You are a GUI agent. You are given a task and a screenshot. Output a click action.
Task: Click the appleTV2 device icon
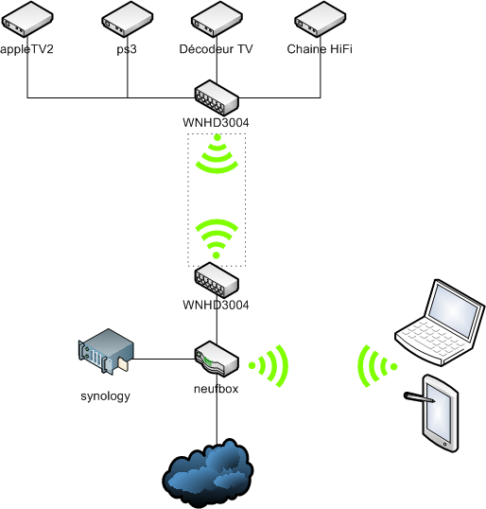(x=27, y=19)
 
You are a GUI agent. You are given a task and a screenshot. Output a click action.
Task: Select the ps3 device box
(x=127, y=19)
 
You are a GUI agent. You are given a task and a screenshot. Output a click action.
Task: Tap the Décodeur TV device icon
(x=217, y=19)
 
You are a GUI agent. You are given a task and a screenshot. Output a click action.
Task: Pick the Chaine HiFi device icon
(x=321, y=19)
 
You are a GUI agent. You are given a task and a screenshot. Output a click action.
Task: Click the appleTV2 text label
(x=26, y=49)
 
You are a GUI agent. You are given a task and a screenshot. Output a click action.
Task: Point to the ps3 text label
(x=127, y=49)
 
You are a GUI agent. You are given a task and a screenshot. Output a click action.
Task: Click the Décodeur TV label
(x=216, y=49)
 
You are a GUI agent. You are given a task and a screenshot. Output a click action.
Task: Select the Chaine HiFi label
(x=320, y=49)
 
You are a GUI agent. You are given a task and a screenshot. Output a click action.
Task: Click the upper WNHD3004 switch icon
(x=217, y=97)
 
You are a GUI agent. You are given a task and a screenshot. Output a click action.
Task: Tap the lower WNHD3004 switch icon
(x=217, y=280)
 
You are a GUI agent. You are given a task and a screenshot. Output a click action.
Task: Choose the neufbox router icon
(x=217, y=359)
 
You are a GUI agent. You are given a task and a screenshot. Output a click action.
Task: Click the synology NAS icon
(x=106, y=352)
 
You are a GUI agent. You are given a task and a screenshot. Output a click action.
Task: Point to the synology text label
(x=105, y=396)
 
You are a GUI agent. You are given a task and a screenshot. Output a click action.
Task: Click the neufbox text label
(x=217, y=389)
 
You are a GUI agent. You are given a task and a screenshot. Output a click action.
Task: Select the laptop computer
(x=441, y=323)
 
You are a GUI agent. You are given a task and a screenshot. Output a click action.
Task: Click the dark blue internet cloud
(x=208, y=473)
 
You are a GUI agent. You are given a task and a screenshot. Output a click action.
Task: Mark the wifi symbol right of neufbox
(x=269, y=366)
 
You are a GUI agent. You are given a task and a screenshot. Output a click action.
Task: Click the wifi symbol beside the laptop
(x=377, y=366)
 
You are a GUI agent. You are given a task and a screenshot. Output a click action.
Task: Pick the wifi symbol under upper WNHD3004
(x=217, y=153)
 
